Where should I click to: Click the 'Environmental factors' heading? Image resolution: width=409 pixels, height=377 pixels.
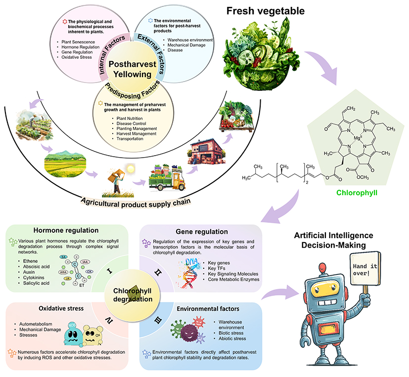coord(209,309)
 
